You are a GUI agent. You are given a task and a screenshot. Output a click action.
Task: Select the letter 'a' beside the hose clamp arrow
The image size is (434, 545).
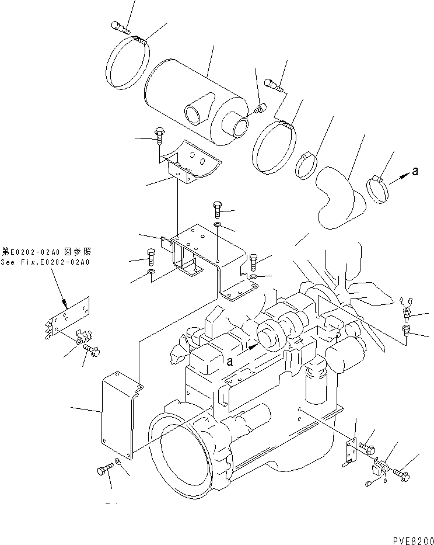(415, 171)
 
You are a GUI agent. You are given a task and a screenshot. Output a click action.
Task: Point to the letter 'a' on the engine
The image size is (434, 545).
(230, 361)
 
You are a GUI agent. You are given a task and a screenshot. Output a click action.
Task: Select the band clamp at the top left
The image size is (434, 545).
(128, 63)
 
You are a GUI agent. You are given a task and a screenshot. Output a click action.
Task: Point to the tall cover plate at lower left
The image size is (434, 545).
(120, 418)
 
